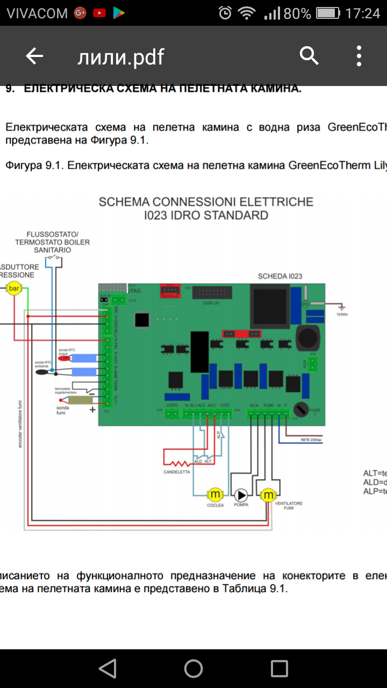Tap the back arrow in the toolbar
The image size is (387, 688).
(34, 56)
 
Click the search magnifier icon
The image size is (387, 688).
(309, 56)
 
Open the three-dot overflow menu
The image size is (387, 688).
(359, 56)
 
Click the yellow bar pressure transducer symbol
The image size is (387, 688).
(14, 289)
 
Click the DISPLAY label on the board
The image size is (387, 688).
(211, 303)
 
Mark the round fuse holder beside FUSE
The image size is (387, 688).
(303, 409)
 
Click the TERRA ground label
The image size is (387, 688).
(342, 314)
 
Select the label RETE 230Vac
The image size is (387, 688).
(312, 440)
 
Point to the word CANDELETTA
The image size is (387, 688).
(177, 472)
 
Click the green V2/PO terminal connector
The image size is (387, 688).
(172, 414)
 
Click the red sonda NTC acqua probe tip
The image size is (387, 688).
(66, 359)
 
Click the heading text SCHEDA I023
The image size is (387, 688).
(280, 276)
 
